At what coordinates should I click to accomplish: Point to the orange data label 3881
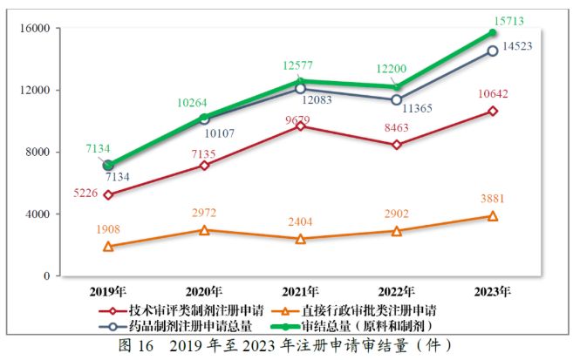492,199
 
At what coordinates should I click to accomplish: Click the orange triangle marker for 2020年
204,230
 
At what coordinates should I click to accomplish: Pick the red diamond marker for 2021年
300,126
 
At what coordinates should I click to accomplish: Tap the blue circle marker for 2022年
396,99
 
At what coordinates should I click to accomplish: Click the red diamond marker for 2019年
108,194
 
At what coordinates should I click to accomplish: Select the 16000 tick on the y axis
32,29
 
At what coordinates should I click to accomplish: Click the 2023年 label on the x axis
492,290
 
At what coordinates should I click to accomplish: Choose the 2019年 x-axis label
108,290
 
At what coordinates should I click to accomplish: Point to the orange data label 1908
108,230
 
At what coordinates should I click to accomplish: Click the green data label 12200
396,69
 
